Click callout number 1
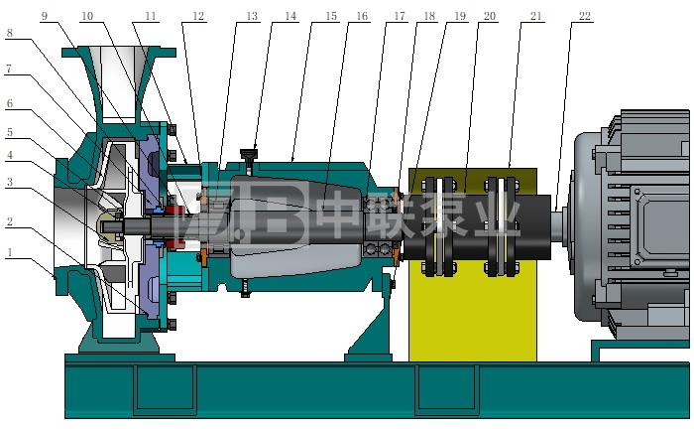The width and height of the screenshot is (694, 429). [x=9, y=252]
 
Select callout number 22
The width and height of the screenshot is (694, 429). [x=585, y=16]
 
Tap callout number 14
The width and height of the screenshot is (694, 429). [x=290, y=16]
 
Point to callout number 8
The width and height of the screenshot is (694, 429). [x=9, y=33]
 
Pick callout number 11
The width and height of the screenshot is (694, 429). [x=151, y=16]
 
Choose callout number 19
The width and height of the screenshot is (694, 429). [x=460, y=16]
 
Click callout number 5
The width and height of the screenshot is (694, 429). [x=9, y=132]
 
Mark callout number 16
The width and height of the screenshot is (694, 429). [x=362, y=16]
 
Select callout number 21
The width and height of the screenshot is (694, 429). [x=536, y=16]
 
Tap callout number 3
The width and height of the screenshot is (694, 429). [x=9, y=182]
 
